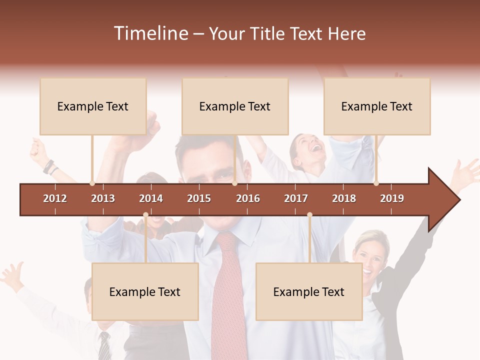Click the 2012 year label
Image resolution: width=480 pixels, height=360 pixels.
(55, 198)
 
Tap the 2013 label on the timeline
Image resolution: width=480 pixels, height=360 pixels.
(103, 198)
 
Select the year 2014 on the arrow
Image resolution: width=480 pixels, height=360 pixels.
(151, 198)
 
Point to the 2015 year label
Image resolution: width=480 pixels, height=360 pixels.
(199, 198)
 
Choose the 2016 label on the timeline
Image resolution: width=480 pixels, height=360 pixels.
(248, 198)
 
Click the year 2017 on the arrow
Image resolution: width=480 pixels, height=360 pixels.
(296, 198)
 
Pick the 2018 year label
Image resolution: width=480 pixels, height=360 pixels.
(344, 198)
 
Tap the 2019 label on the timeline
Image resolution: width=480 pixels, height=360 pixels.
(392, 198)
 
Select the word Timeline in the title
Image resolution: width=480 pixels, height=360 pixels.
(150, 33)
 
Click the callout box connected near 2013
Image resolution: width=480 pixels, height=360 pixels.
(93, 106)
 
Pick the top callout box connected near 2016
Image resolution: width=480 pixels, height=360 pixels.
(235, 106)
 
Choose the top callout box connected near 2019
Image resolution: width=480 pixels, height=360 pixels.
(377, 106)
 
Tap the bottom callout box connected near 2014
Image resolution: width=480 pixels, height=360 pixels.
(145, 291)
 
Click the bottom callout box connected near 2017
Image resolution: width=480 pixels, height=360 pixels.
(309, 291)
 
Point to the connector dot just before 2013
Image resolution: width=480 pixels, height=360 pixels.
(92, 183)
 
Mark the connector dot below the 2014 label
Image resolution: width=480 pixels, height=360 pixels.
(145, 214)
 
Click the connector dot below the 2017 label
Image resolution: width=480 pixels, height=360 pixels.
(309, 214)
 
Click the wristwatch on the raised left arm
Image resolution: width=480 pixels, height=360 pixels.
(48, 166)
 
